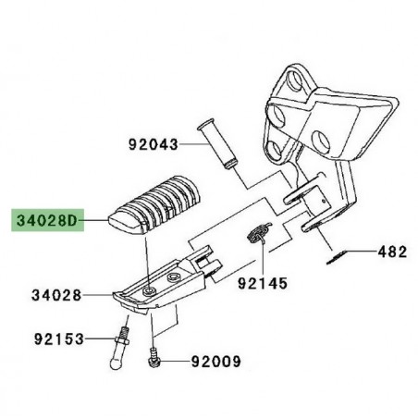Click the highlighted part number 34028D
coord(46,220)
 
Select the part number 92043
coord(154,144)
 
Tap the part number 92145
coord(263,283)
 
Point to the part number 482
coord(392,252)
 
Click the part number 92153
coord(59,339)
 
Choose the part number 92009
coord(215,361)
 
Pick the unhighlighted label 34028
coord(56,295)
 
